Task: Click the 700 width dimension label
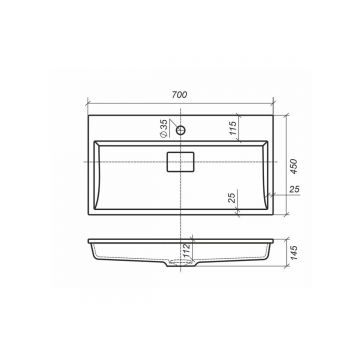click(180, 95)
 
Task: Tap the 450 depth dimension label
click(293, 166)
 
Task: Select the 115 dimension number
click(233, 127)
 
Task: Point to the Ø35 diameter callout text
click(164, 129)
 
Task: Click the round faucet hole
click(180, 130)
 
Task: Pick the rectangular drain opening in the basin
click(180, 162)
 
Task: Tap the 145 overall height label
click(293, 253)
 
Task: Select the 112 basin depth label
click(187, 251)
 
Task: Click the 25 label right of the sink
click(294, 189)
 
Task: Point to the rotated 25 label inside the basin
click(233, 197)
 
